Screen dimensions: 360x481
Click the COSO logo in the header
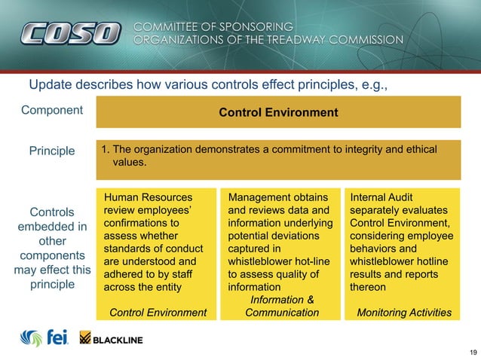tap(71, 33)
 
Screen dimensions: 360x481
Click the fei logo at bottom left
tap(45, 337)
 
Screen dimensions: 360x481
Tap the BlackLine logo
tap(110, 339)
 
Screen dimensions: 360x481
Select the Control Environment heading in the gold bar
tap(278, 113)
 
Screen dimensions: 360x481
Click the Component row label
tap(52, 110)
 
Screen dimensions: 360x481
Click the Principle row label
tap(52, 151)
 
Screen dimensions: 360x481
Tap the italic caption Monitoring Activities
tap(403, 313)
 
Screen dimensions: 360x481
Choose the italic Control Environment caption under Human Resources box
tap(158, 313)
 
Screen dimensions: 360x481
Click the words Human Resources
tap(142, 197)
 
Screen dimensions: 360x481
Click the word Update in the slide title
tap(48, 84)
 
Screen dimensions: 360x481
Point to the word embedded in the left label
tap(52, 227)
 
